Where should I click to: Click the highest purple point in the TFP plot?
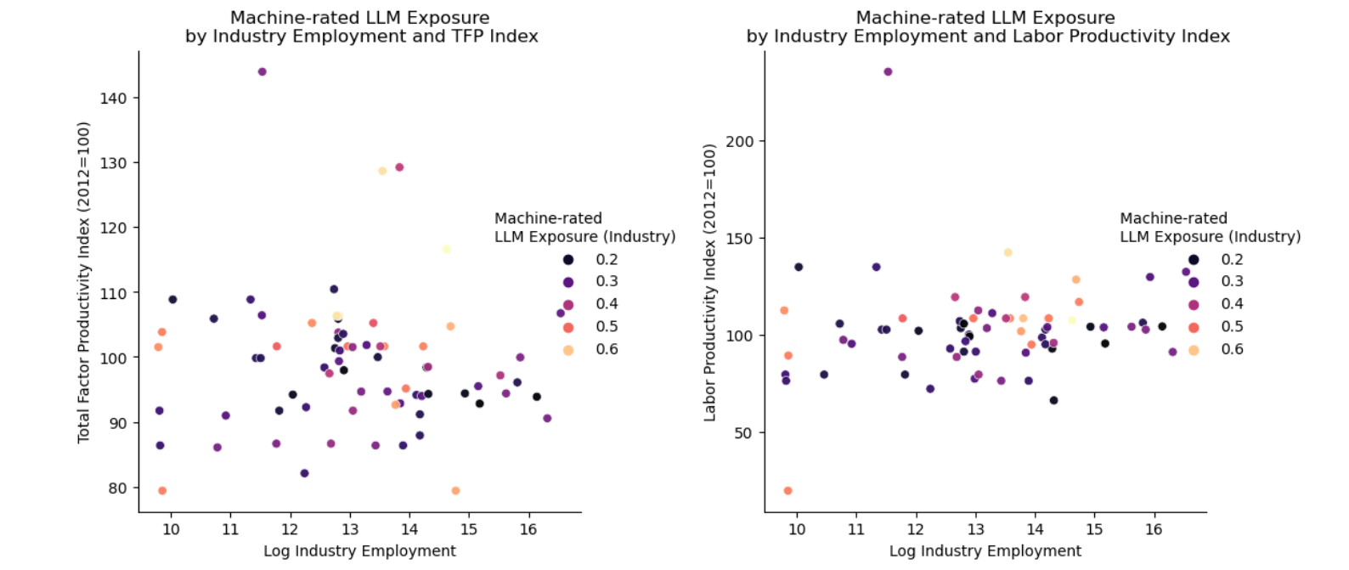coord(262,72)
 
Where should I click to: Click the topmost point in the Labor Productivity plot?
coord(888,72)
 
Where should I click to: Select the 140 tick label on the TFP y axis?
coord(113,99)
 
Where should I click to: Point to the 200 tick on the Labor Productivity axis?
coord(739,142)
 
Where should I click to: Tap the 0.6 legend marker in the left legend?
coord(567,350)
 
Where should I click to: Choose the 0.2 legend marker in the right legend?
coord(1194,260)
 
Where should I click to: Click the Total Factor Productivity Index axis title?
coord(83,282)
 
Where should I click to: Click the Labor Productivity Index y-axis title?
coord(709,282)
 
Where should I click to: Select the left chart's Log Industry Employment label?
coord(359,550)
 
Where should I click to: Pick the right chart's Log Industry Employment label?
coord(985,550)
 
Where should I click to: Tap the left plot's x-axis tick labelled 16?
coord(528,529)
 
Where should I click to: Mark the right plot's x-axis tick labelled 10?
coord(796,529)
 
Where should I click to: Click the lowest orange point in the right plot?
coord(787,491)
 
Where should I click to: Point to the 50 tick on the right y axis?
coord(744,433)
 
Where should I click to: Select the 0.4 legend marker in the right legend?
coord(1194,305)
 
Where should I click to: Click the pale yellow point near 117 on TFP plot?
coord(446,249)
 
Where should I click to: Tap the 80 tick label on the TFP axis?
coord(117,488)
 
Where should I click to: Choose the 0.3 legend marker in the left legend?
coord(567,282)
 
